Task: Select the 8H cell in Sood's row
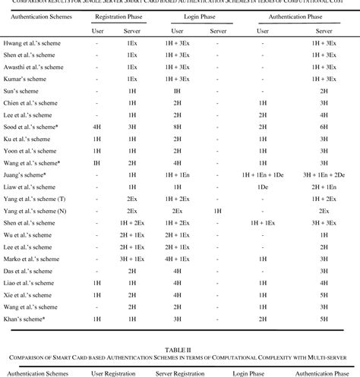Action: point(176,127)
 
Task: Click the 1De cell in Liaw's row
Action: point(262,186)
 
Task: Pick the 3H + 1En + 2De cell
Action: point(324,174)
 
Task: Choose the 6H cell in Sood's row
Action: point(324,127)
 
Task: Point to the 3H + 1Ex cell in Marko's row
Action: point(131,258)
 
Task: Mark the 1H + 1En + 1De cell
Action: point(262,174)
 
